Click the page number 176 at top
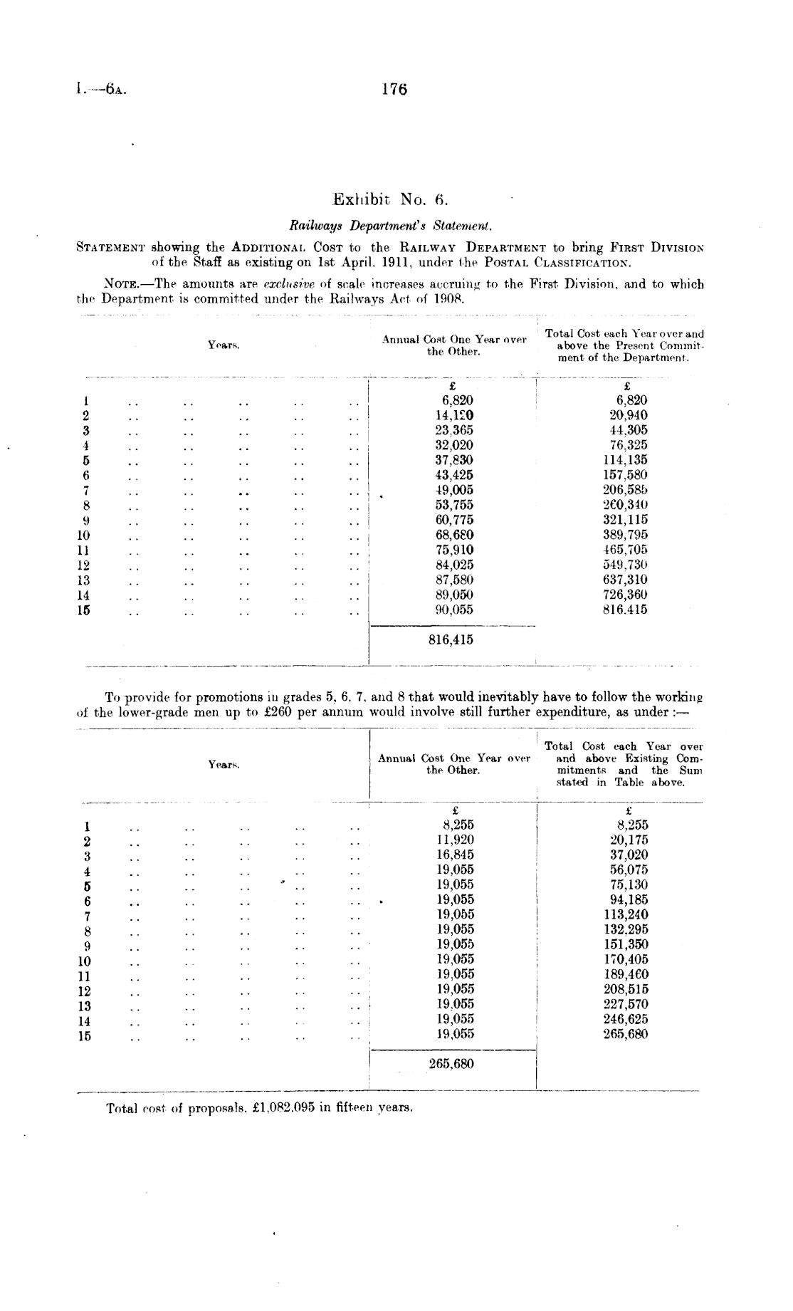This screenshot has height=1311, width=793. (394, 90)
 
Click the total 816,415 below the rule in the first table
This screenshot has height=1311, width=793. (451, 639)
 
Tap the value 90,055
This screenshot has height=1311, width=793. (454, 610)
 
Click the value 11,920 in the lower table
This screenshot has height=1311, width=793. (455, 840)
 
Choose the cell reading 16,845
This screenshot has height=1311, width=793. (455, 855)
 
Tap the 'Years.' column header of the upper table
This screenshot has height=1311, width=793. (224, 345)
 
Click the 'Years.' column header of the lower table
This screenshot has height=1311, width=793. (224, 764)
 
